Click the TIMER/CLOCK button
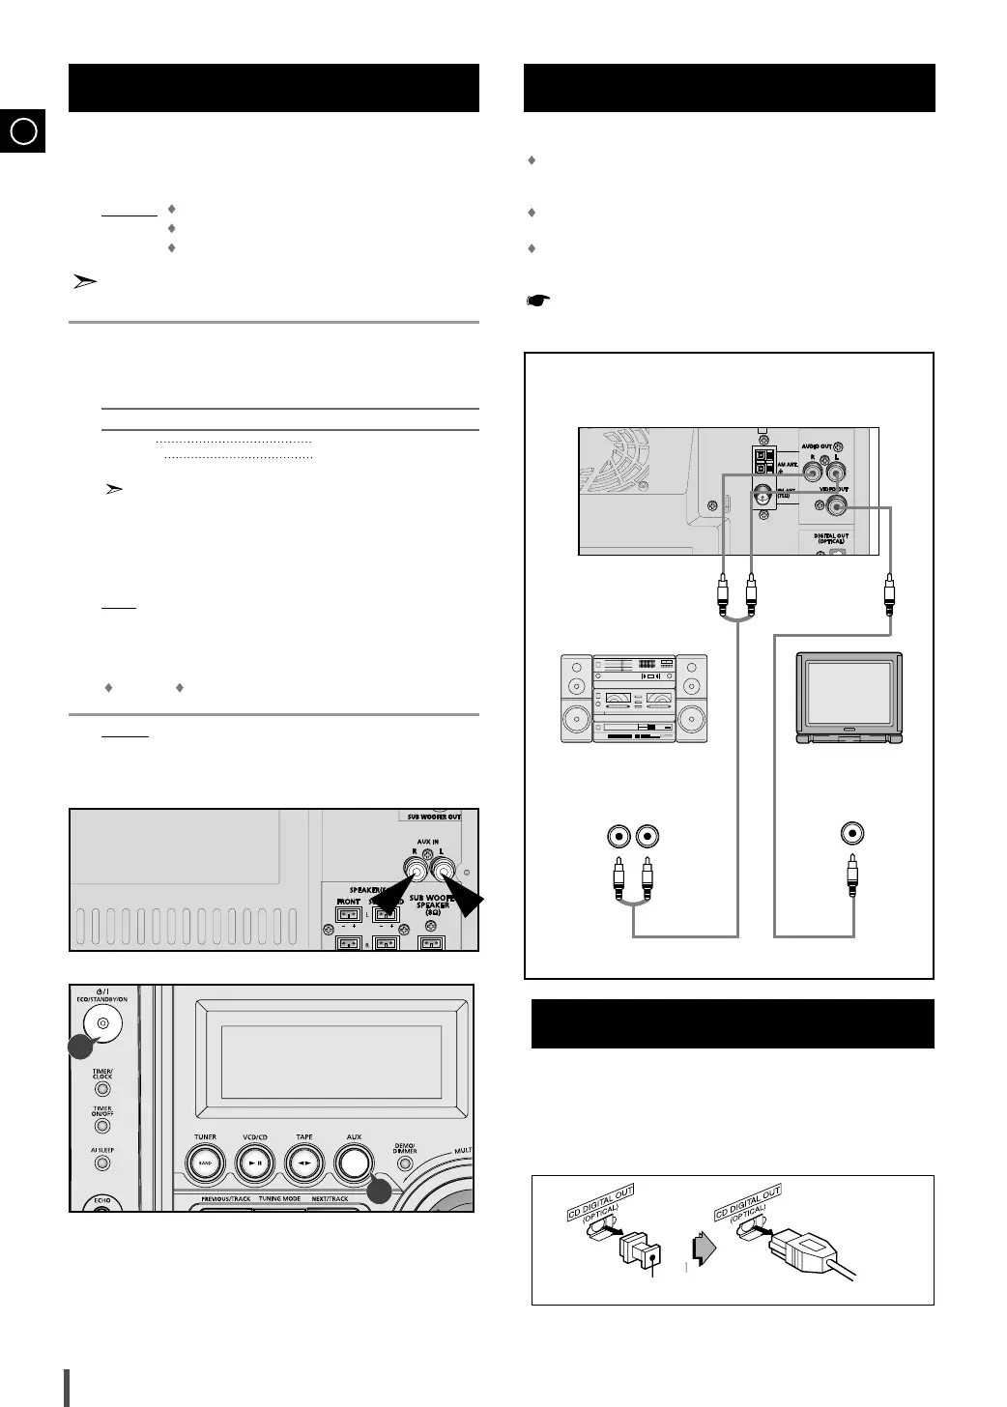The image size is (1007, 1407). [102, 1089]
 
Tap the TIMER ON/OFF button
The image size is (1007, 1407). [102, 1126]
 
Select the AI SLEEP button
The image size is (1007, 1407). [102, 1163]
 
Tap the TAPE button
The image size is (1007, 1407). [304, 1163]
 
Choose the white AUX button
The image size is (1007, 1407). [354, 1163]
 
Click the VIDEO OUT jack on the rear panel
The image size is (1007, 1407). [834, 502]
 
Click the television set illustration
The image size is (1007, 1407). [849, 698]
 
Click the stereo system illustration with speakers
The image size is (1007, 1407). [633, 698]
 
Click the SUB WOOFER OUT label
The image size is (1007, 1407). [433, 817]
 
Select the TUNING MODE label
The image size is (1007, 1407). [279, 1199]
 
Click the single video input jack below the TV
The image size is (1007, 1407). [852, 834]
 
